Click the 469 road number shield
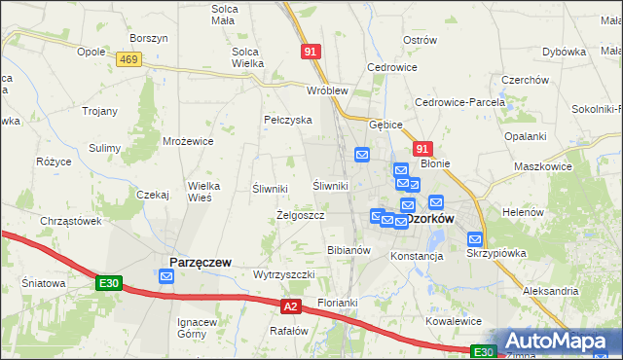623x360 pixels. pyautogui.click(x=128, y=59)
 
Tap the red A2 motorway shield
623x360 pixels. pyautogui.click(x=290, y=306)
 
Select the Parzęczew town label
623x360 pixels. pyautogui.click(x=200, y=262)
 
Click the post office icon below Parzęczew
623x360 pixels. pyautogui.click(x=166, y=277)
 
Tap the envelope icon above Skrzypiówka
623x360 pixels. pyautogui.click(x=475, y=238)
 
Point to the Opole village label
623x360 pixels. pyautogui.click(x=91, y=51)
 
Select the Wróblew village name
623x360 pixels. pyautogui.click(x=327, y=90)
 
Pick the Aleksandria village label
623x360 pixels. pyautogui.click(x=551, y=291)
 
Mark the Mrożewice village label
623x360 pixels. pyautogui.click(x=188, y=141)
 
